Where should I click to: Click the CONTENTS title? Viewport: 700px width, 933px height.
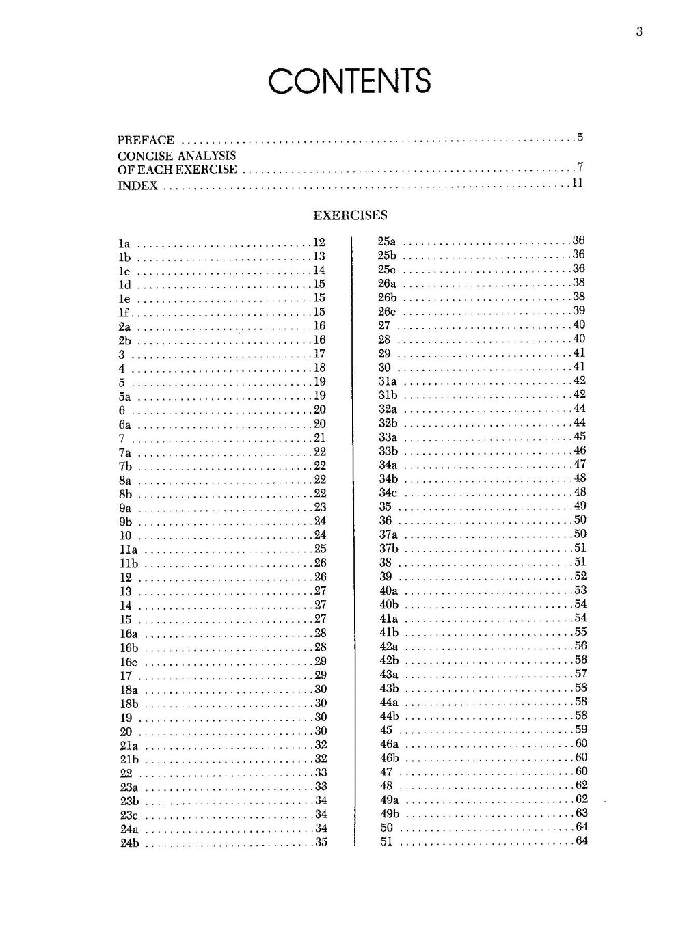tap(349, 81)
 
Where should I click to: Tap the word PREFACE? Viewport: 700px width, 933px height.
tap(146, 140)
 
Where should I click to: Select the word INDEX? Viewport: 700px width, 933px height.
tap(137, 186)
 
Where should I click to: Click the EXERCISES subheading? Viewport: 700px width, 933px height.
tap(350, 215)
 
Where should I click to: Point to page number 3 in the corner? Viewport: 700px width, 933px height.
tap(639, 31)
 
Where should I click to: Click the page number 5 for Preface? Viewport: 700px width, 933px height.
tap(580, 137)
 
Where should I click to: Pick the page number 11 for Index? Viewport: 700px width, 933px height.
tap(578, 183)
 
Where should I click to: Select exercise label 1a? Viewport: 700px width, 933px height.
tap(124, 244)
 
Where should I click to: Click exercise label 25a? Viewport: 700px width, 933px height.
tap(387, 241)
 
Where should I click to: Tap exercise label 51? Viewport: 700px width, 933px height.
tap(387, 841)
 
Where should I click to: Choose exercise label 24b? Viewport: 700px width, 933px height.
tap(129, 843)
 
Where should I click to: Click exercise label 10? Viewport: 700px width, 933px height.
tap(126, 536)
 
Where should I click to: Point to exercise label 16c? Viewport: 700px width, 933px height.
tap(129, 662)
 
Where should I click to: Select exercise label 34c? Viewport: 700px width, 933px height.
tap(388, 493)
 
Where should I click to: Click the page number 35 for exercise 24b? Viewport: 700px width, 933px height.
tap(321, 842)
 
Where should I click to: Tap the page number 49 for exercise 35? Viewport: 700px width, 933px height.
tap(580, 506)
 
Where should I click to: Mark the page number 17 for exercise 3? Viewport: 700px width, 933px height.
tap(319, 354)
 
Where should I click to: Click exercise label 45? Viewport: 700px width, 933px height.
tap(386, 730)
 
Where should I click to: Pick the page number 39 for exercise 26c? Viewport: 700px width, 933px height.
tap(579, 310)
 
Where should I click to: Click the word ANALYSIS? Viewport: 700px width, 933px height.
tap(206, 156)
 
